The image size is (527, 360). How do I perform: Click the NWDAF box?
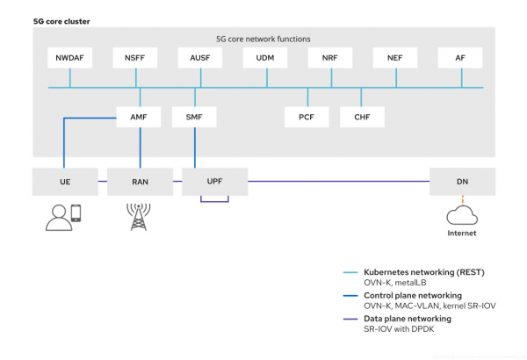pyautogui.click(x=69, y=58)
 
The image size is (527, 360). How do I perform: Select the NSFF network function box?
pyautogui.click(x=134, y=58)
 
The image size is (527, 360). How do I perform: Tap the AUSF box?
pyautogui.click(x=199, y=58)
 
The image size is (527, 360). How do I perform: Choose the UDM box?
pyautogui.click(x=265, y=58)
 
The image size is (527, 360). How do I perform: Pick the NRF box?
pyautogui.click(x=330, y=58)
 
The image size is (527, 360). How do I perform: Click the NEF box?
pyautogui.click(x=395, y=58)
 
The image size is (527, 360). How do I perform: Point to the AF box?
pyautogui.click(x=460, y=58)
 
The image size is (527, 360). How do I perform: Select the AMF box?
pyautogui.click(x=138, y=117)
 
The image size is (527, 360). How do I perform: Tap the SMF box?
pyautogui.click(x=194, y=117)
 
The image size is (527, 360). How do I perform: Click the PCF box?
pyautogui.click(x=307, y=117)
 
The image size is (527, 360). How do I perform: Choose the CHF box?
pyautogui.click(x=362, y=117)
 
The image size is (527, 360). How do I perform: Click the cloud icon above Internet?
pyautogui.click(x=462, y=214)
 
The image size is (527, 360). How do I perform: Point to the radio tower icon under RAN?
pyautogui.click(x=139, y=216)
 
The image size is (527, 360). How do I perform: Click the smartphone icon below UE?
pyautogui.click(x=76, y=213)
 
